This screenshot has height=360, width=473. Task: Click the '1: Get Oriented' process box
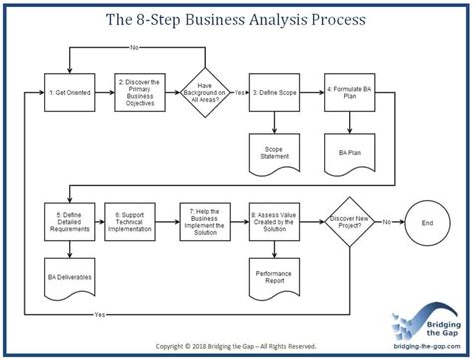click(x=69, y=92)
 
